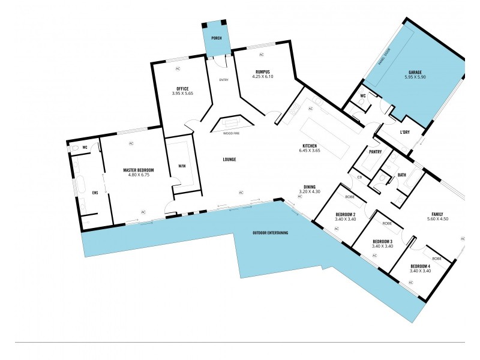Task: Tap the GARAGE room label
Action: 415,73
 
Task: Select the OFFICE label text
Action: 182,89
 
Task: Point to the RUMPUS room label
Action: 263,72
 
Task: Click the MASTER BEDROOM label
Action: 139,170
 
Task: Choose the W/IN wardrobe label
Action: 182,166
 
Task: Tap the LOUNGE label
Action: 229,159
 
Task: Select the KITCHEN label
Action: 310,146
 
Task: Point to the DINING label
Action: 310,187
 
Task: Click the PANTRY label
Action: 376,152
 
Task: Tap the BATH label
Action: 402,175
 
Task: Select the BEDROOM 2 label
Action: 346,214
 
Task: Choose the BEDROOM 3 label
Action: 382,241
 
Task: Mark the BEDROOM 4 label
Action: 420,266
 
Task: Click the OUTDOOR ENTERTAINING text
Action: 269,232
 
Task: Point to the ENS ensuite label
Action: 94,193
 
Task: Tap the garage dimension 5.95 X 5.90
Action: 415,77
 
